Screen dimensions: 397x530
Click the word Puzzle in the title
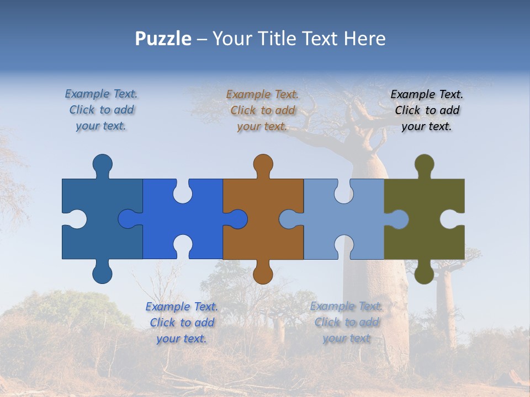pyautogui.click(x=163, y=39)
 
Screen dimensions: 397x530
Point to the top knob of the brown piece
pyautogui.click(x=263, y=164)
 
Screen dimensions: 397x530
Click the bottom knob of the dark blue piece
pyautogui.click(x=102, y=273)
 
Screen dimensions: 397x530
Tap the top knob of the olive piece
pyautogui.click(x=424, y=164)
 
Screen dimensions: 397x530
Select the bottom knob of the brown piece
pyautogui.click(x=263, y=273)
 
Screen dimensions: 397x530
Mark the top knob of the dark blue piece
pyautogui.click(x=102, y=164)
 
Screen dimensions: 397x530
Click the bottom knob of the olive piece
pyautogui.click(x=424, y=273)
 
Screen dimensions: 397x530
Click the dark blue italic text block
pyautogui.click(x=101, y=110)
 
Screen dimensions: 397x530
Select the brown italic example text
pyautogui.click(x=262, y=110)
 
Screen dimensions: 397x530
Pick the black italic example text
pyautogui.click(x=427, y=110)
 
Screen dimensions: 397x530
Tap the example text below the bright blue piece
pyautogui.click(x=182, y=323)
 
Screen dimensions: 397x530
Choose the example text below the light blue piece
pyautogui.click(x=346, y=322)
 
